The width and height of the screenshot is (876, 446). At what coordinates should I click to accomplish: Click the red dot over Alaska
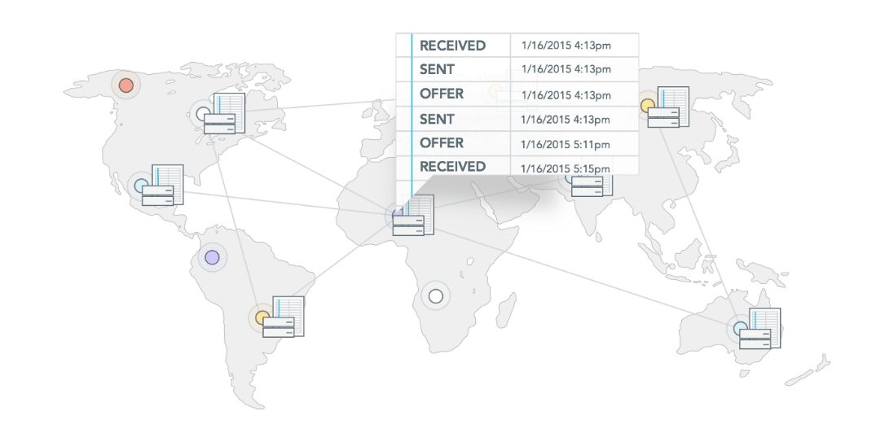pyautogui.click(x=126, y=85)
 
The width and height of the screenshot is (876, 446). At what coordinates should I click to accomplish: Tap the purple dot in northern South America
pyautogui.click(x=212, y=257)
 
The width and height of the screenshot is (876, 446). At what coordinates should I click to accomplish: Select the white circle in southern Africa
pyautogui.click(x=436, y=296)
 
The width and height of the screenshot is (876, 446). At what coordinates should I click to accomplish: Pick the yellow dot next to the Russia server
pyautogui.click(x=648, y=105)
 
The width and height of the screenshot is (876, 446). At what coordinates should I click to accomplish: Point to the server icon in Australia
pyautogui.click(x=759, y=329)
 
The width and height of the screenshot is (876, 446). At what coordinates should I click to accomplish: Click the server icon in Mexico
pyautogui.click(x=163, y=186)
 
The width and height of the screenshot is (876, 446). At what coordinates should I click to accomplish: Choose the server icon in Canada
pyautogui.click(x=224, y=114)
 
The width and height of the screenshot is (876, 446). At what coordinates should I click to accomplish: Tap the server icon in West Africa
pyautogui.click(x=413, y=215)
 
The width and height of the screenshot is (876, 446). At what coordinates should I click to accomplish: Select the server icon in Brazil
pyautogui.click(x=284, y=317)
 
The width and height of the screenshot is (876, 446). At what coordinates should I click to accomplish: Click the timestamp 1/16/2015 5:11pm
pyautogui.click(x=565, y=145)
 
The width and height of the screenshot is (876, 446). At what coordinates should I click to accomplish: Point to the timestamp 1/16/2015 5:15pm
pyautogui.click(x=565, y=168)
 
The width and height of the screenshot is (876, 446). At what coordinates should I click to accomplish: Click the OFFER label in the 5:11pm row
pyautogui.click(x=442, y=143)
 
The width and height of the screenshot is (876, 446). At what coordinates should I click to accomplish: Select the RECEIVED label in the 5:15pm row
pyautogui.click(x=452, y=166)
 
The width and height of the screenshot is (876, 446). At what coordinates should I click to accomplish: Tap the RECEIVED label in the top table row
pyautogui.click(x=452, y=46)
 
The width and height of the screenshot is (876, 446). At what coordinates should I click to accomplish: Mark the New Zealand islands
pyautogui.click(x=808, y=369)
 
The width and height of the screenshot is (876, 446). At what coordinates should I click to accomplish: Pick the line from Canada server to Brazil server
pyautogui.click(x=237, y=220)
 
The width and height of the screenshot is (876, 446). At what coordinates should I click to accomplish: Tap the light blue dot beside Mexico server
pyautogui.click(x=141, y=186)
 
